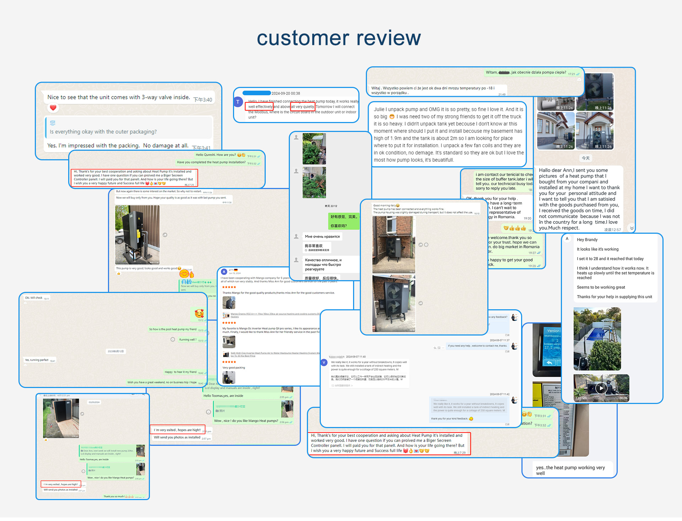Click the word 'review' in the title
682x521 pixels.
coord(389,38)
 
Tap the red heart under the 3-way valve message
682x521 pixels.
coord(53,107)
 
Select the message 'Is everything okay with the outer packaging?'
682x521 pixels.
coord(103,132)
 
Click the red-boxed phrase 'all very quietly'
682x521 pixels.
coord(303,107)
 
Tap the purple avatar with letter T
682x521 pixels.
coord(238,102)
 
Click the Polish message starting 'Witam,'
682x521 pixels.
coord(526,72)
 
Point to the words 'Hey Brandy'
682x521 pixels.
coord(587,240)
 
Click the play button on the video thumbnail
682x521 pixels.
coord(601,388)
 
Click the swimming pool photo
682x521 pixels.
coord(597,339)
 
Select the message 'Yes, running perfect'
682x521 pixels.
coord(37,360)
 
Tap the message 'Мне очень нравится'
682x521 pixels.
coord(322,237)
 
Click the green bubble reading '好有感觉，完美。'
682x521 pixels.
coord(343,217)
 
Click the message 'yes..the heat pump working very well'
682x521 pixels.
coord(570,470)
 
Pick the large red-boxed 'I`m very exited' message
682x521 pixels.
coord(177,430)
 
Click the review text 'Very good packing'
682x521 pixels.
coord(234,368)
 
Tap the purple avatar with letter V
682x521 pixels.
coord(324,362)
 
